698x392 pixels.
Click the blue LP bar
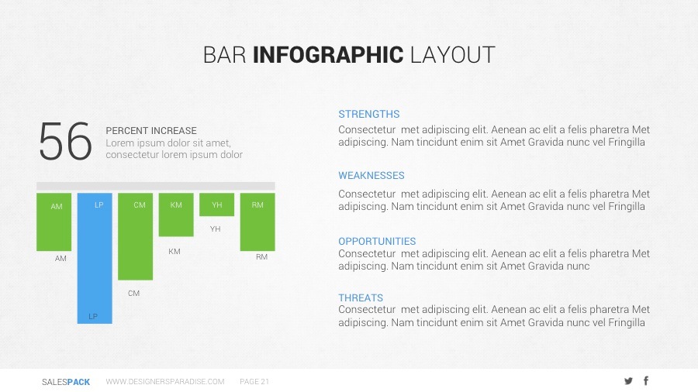95,258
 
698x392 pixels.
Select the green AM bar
54,222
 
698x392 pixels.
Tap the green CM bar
135,236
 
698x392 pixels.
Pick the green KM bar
176,215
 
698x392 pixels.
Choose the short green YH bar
217,205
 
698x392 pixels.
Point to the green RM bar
257,222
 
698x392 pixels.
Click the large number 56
65,141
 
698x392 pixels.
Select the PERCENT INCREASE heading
151,131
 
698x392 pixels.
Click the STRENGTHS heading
369,114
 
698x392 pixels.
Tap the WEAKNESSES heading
371,176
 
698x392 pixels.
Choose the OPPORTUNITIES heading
377,242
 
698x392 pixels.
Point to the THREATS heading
361,297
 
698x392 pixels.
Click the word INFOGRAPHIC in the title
328,55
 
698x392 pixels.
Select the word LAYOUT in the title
452,55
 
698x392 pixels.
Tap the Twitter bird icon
628,381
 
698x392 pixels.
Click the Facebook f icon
646,380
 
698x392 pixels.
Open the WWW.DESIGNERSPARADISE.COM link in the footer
165,381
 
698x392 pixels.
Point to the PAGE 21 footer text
254,381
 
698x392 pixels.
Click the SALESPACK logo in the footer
66,382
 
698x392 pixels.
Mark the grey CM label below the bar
133,294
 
